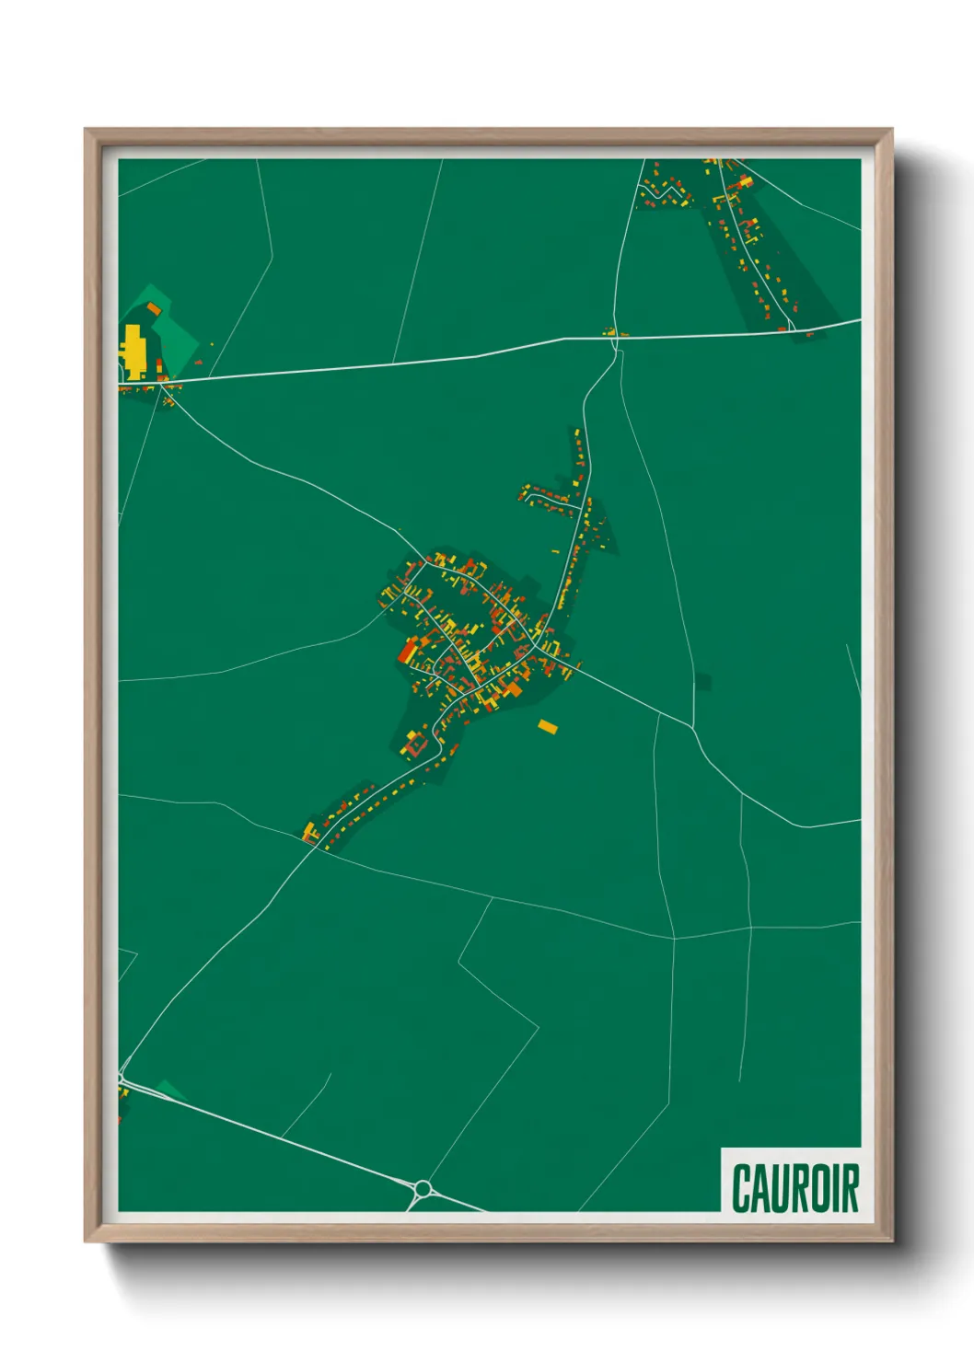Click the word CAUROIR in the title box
(795, 1188)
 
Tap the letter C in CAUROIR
(743, 1188)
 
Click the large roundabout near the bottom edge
(423, 1189)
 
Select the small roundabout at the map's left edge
(121, 1078)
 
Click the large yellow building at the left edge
(133, 351)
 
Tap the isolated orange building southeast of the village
(548, 727)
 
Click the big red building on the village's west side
(406, 652)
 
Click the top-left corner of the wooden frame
(86, 130)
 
